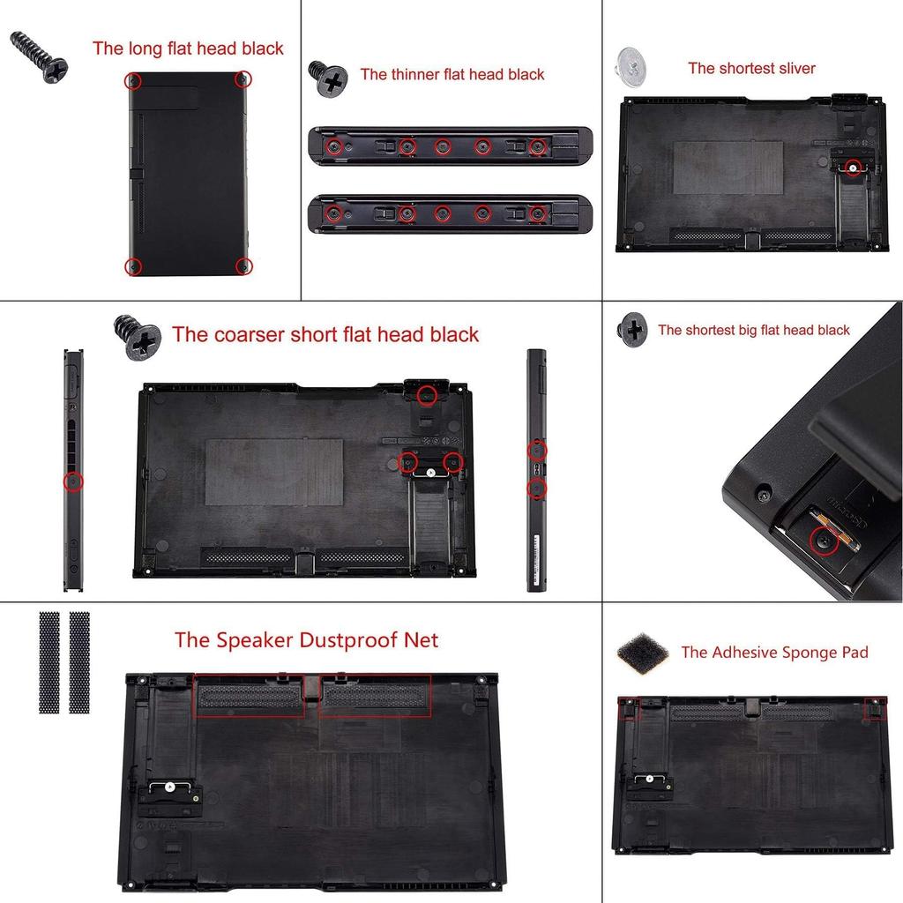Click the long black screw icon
point(39,58)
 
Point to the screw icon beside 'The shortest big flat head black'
point(632,329)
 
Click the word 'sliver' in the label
point(793,68)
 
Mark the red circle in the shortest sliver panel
point(852,168)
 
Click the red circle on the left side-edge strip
point(73,481)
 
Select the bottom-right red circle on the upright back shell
point(243,266)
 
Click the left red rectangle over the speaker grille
point(250,697)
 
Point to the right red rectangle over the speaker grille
point(375,697)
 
